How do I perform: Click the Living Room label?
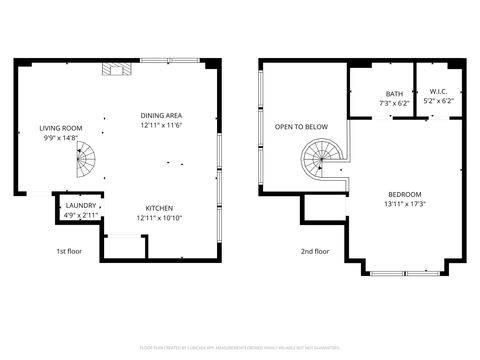[x=61, y=128]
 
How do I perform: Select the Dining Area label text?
[x=162, y=115]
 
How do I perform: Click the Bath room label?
[x=394, y=93]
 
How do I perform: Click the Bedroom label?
[x=405, y=193]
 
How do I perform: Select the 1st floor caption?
[x=69, y=251]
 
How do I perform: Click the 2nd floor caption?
[x=315, y=251]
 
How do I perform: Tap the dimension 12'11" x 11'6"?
[x=162, y=125]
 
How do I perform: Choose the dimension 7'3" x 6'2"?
[x=394, y=102]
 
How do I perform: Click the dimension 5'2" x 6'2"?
[x=438, y=101]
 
